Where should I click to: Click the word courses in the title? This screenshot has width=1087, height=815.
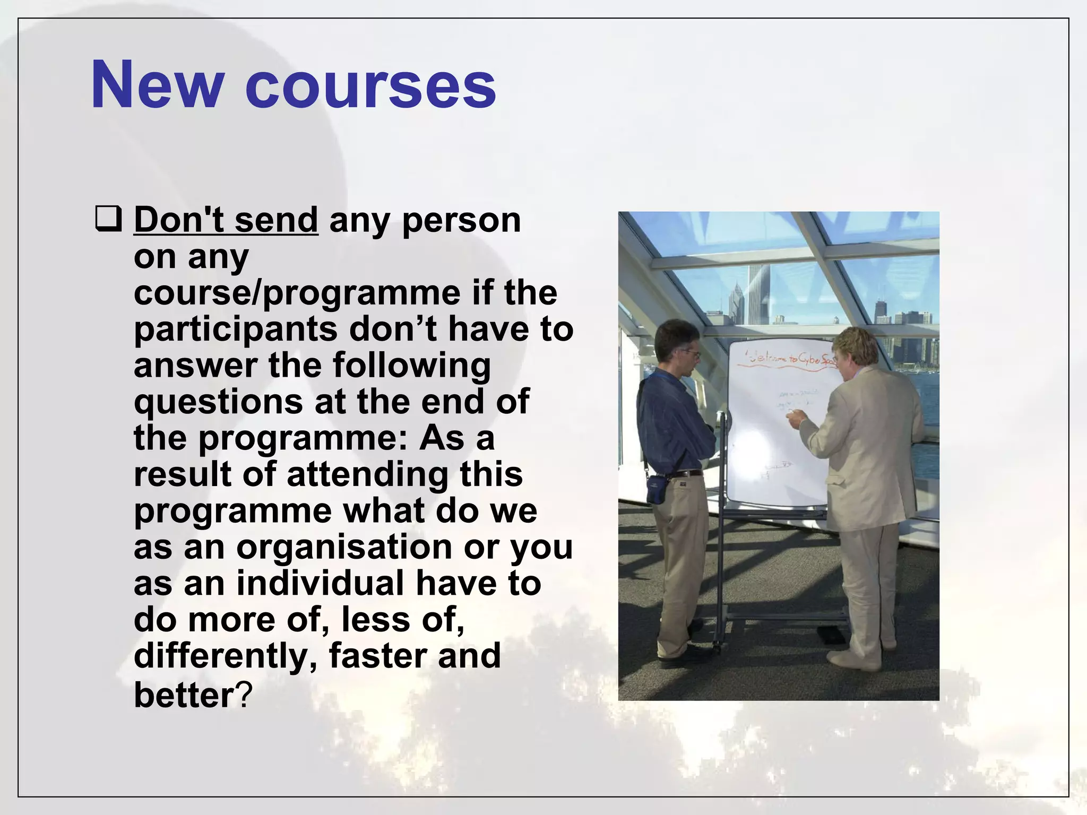point(370,85)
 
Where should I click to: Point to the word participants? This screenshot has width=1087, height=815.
point(235,329)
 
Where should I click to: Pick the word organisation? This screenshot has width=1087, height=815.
point(343,547)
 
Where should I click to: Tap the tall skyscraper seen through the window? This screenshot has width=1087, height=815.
point(755,297)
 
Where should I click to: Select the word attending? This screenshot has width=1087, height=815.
point(367,474)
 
